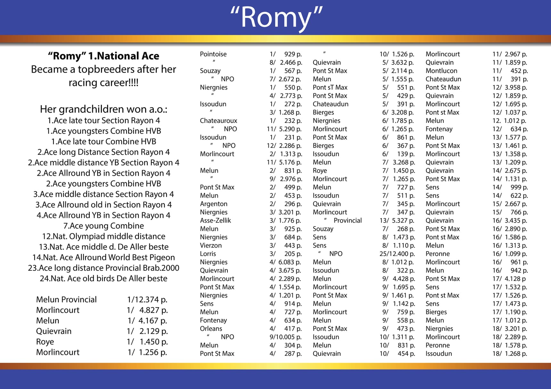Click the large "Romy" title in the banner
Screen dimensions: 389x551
pyautogui.click(x=276, y=18)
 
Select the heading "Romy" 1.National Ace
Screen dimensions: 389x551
pyautogui.click(x=103, y=56)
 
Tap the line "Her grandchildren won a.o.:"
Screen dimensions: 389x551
pyautogui.click(x=103, y=109)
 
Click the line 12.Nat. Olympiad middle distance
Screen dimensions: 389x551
pyautogui.click(x=103, y=236)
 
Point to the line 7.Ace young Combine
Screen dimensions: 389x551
pyautogui.click(x=103, y=226)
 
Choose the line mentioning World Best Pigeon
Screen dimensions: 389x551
pyautogui.click(x=103, y=258)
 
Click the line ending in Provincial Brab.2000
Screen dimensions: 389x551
pyautogui.click(x=103, y=268)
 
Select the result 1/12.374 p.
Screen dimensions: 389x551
pyautogui.click(x=147, y=300)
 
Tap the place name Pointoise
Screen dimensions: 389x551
pyautogui.click(x=213, y=54)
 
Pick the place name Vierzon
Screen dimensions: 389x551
pyautogui.click(x=210, y=245)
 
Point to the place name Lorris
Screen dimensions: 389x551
pyautogui.click(x=208, y=254)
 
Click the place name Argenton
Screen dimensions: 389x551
pyautogui.click(x=213, y=204)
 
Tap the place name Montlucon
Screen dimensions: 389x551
pyautogui.click(x=441, y=71)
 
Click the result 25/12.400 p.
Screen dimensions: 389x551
pyautogui.click(x=397, y=254)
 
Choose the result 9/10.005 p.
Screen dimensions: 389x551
pyautogui.click(x=285, y=337)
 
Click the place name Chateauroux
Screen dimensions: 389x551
pyautogui.click(x=218, y=121)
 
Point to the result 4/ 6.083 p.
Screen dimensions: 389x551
pyautogui.click(x=285, y=262)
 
